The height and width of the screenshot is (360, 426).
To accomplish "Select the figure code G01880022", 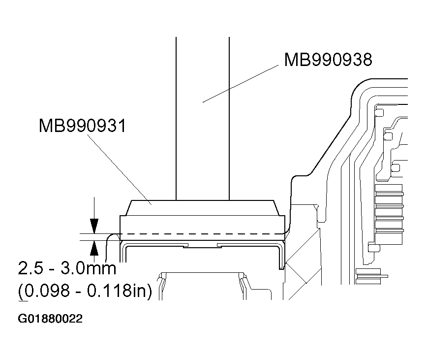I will tap(50, 319).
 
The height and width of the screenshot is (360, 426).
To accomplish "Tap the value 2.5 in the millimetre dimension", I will tap(30, 269).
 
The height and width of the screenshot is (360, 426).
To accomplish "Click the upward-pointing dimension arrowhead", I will tap(94, 247).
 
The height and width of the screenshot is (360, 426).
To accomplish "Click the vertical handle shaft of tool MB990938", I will tap(202, 118).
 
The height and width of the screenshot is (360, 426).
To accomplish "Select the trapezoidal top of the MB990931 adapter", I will tap(202, 208).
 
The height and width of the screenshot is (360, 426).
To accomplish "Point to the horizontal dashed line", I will tap(202, 233).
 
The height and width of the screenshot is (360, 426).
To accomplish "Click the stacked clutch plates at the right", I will tap(389, 207).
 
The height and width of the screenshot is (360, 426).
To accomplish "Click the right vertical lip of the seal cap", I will tap(281, 256).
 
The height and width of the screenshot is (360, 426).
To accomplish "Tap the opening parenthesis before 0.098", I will tap(21, 292).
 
